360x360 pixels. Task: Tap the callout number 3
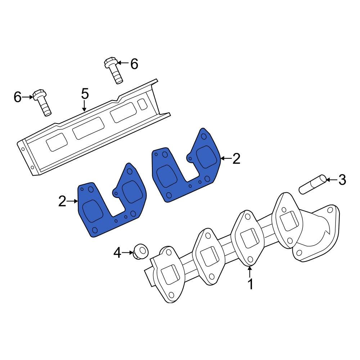(x=342, y=179)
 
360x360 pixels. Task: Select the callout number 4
(x=118, y=253)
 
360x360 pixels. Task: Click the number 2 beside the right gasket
(x=236, y=158)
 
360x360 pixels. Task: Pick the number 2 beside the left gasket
(x=63, y=201)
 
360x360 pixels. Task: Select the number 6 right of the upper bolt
(x=134, y=64)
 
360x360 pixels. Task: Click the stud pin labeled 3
(x=312, y=184)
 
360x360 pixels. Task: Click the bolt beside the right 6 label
(x=113, y=71)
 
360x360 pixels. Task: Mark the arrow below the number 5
(x=84, y=106)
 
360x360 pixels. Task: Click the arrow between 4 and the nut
(x=127, y=253)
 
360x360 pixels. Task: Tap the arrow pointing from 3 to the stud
(x=331, y=179)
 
